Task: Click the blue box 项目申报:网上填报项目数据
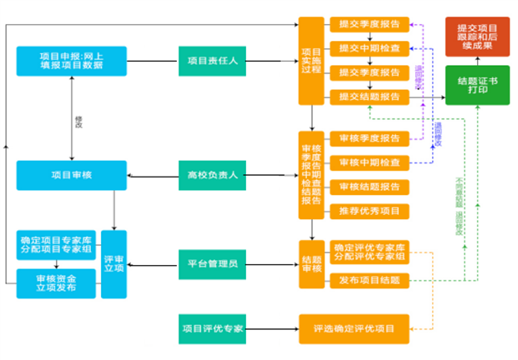click(71, 61)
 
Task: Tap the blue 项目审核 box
click(71, 175)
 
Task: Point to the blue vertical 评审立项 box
click(113, 264)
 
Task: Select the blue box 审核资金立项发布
click(55, 283)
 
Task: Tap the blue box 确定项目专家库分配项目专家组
click(55, 246)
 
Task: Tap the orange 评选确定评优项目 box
click(354, 328)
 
